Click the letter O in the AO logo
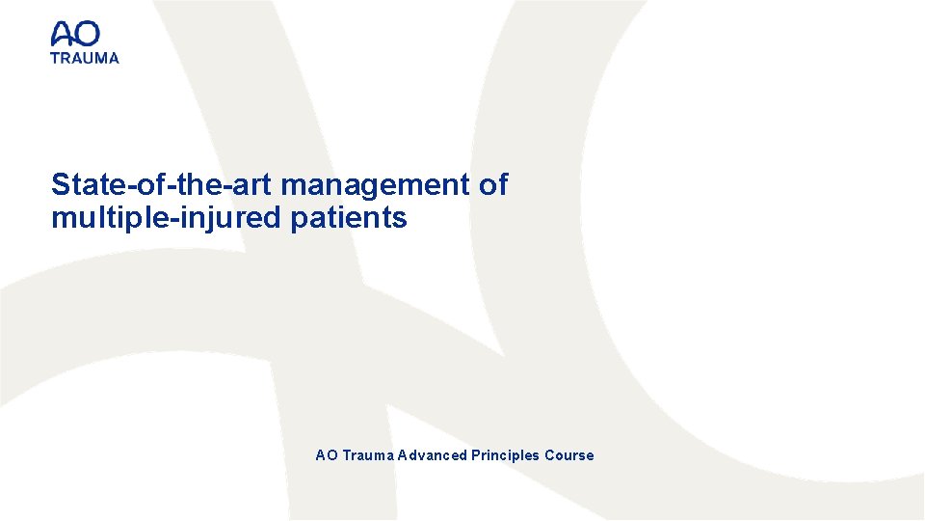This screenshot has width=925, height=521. point(87,35)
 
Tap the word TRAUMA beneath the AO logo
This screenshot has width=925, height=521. point(85,58)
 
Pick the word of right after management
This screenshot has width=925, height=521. point(492,184)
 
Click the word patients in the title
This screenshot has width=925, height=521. point(349,219)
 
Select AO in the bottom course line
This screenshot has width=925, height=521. point(327,455)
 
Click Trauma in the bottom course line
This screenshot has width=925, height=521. point(368,455)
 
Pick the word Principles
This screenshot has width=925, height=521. point(506,455)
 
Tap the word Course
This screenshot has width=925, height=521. point(569,455)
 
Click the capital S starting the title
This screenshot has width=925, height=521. point(60,184)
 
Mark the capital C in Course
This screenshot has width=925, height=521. point(549,455)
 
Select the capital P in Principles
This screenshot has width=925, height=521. point(476,455)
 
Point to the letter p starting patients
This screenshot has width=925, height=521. point(299,221)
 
